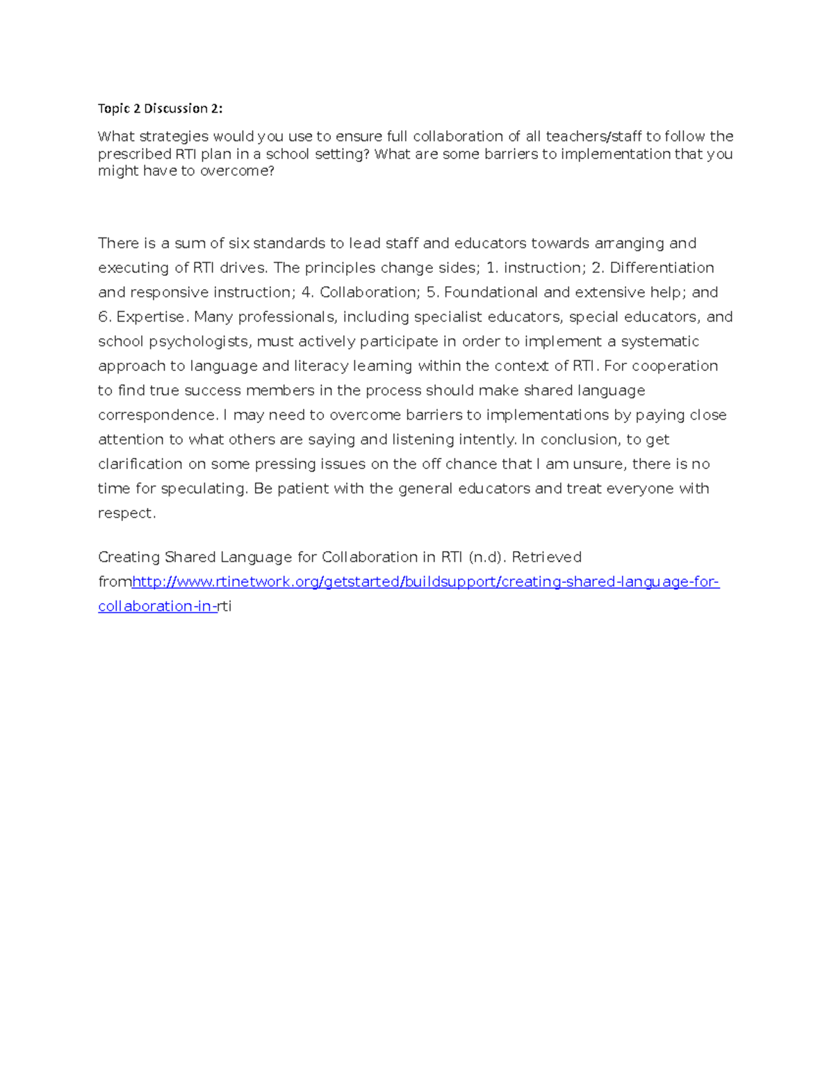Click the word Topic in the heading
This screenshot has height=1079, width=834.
tap(113, 108)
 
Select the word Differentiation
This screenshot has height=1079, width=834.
tap(662, 268)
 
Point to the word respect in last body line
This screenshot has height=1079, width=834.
tap(126, 513)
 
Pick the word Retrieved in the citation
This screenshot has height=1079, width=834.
tap(547, 557)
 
